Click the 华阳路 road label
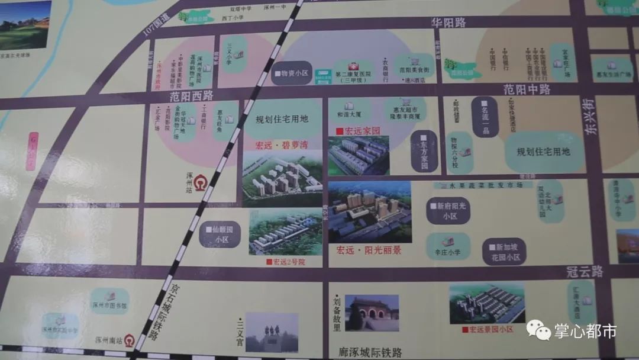(x=448, y=22)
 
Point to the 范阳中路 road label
(x=527, y=89)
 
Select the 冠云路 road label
(x=584, y=272)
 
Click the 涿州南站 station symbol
(x=129, y=340)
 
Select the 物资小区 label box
(x=291, y=74)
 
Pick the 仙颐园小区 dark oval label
(x=220, y=234)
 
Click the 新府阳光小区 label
(x=448, y=211)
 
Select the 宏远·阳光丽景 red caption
(x=369, y=250)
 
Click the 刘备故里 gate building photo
(x=372, y=313)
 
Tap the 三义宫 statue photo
(x=272, y=332)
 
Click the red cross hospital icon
(x=354, y=66)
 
